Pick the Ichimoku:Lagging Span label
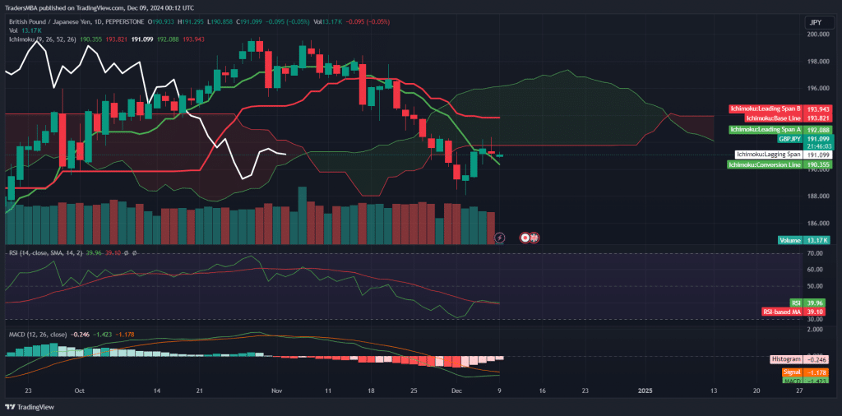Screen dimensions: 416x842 click(767, 155)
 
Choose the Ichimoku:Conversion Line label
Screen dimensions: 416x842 click(765, 164)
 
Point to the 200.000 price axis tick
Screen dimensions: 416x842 click(817, 35)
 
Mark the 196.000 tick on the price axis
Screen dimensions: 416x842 click(817, 88)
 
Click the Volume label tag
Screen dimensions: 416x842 click(790, 240)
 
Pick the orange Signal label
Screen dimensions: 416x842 click(791, 372)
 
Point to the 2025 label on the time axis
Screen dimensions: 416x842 click(645, 392)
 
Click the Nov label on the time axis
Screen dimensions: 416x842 click(277, 392)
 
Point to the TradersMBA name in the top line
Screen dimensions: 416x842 click(25, 7)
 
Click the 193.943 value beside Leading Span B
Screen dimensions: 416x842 click(818, 109)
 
